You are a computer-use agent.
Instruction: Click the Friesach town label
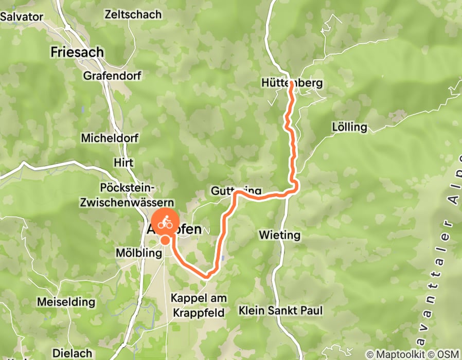point(77,52)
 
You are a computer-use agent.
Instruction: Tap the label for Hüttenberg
point(292,83)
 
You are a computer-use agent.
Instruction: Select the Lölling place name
point(350,127)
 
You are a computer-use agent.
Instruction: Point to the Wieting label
point(280,235)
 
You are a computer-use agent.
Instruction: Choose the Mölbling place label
point(135,253)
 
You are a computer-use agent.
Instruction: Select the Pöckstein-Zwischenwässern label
point(127,195)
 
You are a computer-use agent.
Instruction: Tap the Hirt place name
point(123,163)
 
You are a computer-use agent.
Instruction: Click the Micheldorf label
point(106,138)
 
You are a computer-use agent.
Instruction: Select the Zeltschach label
point(132,14)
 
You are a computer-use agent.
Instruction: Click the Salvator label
point(22,16)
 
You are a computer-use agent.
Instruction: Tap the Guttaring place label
point(233,191)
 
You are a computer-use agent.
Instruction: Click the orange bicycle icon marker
point(165,223)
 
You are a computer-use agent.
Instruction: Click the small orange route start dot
point(165,240)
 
